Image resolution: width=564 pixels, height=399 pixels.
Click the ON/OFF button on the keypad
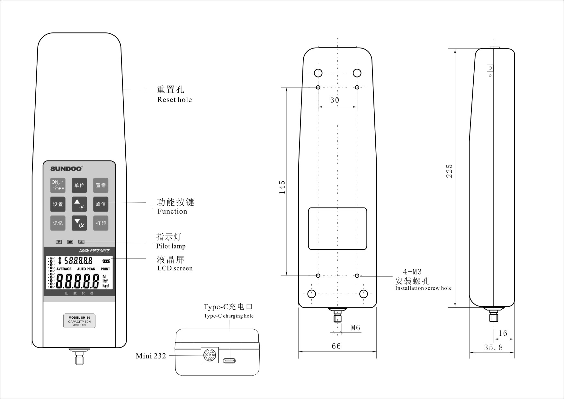click(x=58, y=185)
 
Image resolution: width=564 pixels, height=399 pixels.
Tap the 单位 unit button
click(x=79, y=185)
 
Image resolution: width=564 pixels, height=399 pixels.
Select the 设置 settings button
click(x=58, y=204)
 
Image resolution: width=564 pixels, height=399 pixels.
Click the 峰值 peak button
click(x=101, y=204)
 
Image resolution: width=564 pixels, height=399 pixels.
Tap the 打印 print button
click(x=101, y=223)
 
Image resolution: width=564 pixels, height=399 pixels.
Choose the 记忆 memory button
click(x=58, y=223)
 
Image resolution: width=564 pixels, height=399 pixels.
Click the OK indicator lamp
click(x=70, y=242)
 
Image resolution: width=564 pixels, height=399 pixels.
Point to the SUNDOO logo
click(x=67, y=168)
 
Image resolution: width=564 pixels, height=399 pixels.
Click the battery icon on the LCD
click(x=106, y=261)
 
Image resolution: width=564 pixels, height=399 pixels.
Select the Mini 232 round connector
click(x=210, y=355)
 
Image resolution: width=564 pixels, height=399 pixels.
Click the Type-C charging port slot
click(x=229, y=360)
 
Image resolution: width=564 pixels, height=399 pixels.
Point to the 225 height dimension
click(x=449, y=171)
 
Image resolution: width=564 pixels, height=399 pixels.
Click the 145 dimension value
click(x=282, y=187)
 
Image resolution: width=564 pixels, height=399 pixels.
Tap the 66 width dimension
click(x=336, y=346)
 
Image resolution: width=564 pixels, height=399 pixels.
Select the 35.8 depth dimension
click(x=493, y=348)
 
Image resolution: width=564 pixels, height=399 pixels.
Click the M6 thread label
click(x=355, y=328)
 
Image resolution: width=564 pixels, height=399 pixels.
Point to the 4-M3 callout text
click(x=412, y=272)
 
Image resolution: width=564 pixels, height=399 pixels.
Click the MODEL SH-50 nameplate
click(x=79, y=321)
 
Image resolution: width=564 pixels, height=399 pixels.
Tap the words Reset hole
click(x=175, y=100)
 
